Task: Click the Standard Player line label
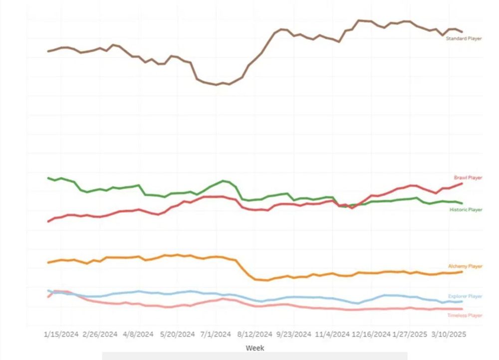coord(464,38)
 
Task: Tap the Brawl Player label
coord(468,178)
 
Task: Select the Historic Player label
coord(466,210)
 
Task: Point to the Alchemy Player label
coord(465,266)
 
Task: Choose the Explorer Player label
coord(465,296)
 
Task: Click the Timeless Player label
coord(465,315)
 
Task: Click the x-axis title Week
coord(255,348)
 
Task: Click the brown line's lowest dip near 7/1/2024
coord(217,85)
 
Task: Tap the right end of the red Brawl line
coord(462,183)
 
